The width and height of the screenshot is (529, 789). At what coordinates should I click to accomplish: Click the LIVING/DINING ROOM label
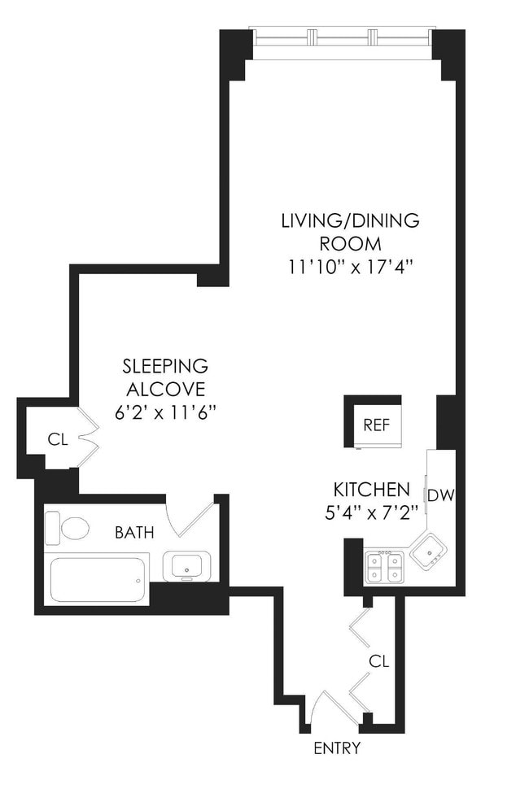350,232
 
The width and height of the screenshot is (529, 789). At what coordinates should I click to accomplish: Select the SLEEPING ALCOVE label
165,377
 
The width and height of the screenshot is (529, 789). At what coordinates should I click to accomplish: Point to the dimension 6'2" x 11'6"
165,412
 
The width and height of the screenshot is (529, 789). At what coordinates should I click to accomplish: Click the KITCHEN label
371,490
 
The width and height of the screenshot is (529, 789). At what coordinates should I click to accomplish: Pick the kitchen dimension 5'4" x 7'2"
371,513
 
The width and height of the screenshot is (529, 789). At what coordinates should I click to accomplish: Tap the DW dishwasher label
439,495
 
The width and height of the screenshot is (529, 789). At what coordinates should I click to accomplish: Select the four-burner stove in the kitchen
384,566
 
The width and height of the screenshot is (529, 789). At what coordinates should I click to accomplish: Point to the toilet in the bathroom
68,528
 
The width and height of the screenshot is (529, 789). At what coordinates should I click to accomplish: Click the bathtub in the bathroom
98,580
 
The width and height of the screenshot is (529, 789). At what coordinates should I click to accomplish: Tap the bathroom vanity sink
186,565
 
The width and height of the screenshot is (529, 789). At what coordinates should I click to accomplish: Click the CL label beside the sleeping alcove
56,440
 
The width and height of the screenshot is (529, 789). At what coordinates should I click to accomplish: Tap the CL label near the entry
378,661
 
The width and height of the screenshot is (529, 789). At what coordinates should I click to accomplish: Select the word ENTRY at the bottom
336,748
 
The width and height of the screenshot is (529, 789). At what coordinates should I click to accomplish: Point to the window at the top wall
340,37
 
